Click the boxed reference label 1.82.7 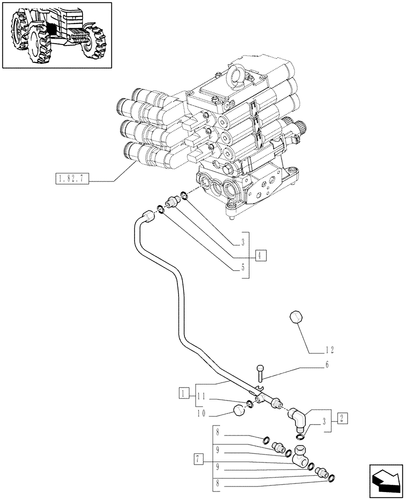coord(70,177)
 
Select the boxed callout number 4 coord(260,255)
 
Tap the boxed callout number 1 coord(184,392)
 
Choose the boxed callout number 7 coord(199,457)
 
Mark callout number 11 coord(202,396)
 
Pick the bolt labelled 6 coord(260,373)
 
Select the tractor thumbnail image coord(56,35)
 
